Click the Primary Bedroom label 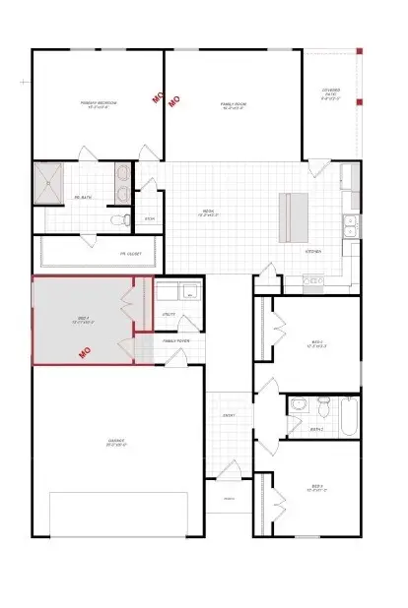[x=99, y=103]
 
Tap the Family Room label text [x=233, y=103]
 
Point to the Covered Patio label [x=331, y=95]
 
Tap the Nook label [x=209, y=212]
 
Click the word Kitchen [x=312, y=251]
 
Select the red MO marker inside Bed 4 [x=85, y=350]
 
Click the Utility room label [x=169, y=314]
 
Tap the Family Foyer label [x=177, y=340]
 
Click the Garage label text [x=116, y=443]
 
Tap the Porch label [x=227, y=499]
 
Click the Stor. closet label [x=150, y=218]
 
